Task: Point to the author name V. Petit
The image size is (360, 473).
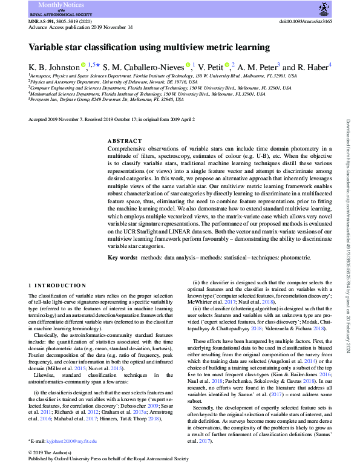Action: click(209, 66)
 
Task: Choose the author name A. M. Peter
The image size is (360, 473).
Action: click(256, 66)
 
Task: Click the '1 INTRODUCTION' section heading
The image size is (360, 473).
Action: click(57, 285)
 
